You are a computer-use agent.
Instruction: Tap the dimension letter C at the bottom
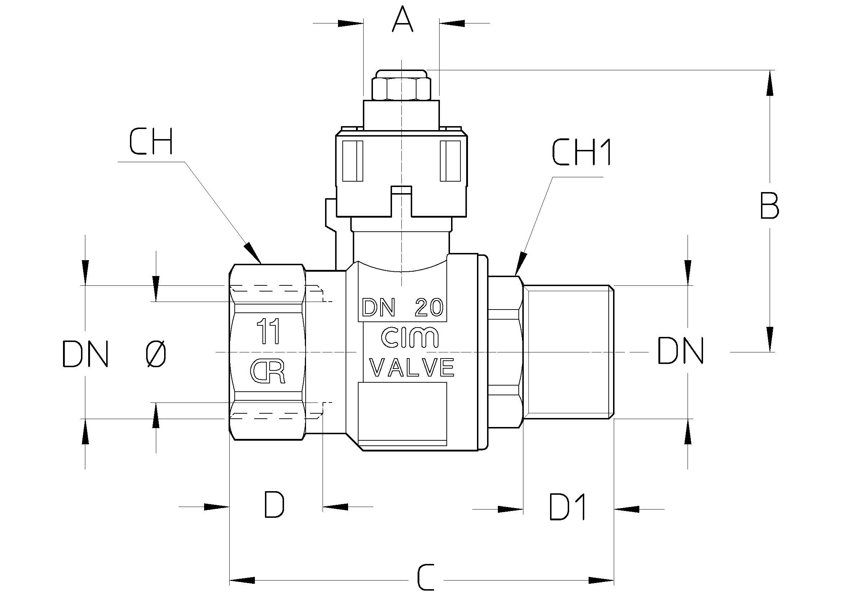[425, 578]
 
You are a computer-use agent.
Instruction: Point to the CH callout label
[151, 142]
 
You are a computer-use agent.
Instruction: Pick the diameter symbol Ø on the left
[156, 353]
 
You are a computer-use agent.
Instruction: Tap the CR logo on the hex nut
[268, 372]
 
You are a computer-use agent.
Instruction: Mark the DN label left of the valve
[85, 354]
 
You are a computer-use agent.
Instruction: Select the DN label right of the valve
[680, 351]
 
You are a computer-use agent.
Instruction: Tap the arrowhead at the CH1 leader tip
[521, 263]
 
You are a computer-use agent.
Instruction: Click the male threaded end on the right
[568, 352]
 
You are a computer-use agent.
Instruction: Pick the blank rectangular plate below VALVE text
[402, 414]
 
